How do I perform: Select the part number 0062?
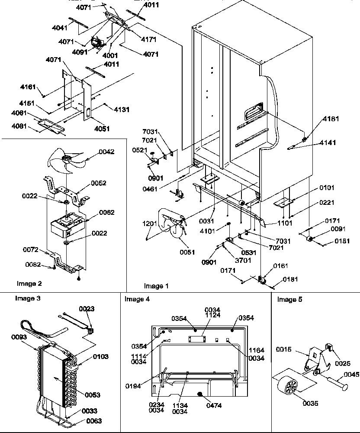tap(106, 212)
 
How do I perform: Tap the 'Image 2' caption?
tap(29, 284)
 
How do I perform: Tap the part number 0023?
tap(86, 309)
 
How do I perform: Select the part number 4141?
tap(328, 142)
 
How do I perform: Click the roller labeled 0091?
tap(310, 239)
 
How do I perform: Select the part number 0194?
tap(133, 385)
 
